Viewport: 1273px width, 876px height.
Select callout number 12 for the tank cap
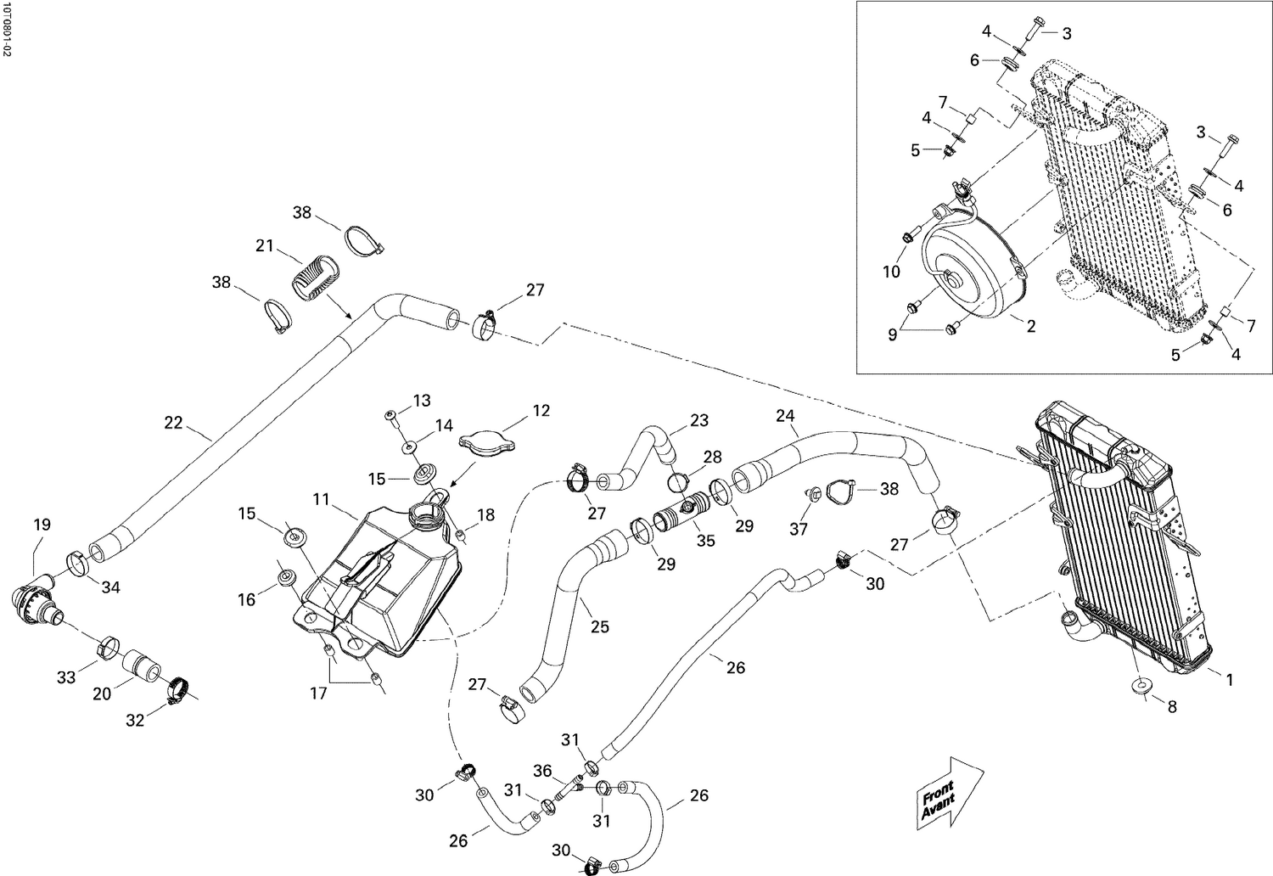point(541,411)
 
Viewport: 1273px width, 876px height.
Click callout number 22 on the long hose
point(173,422)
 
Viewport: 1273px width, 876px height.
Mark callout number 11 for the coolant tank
point(320,499)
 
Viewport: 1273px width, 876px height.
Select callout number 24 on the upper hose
point(785,416)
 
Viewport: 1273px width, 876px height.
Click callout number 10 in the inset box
point(891,272)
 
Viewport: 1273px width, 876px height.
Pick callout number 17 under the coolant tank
point(318,693)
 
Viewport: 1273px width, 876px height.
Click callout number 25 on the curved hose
point(600,627)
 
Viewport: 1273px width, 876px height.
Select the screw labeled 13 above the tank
point(391,417)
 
